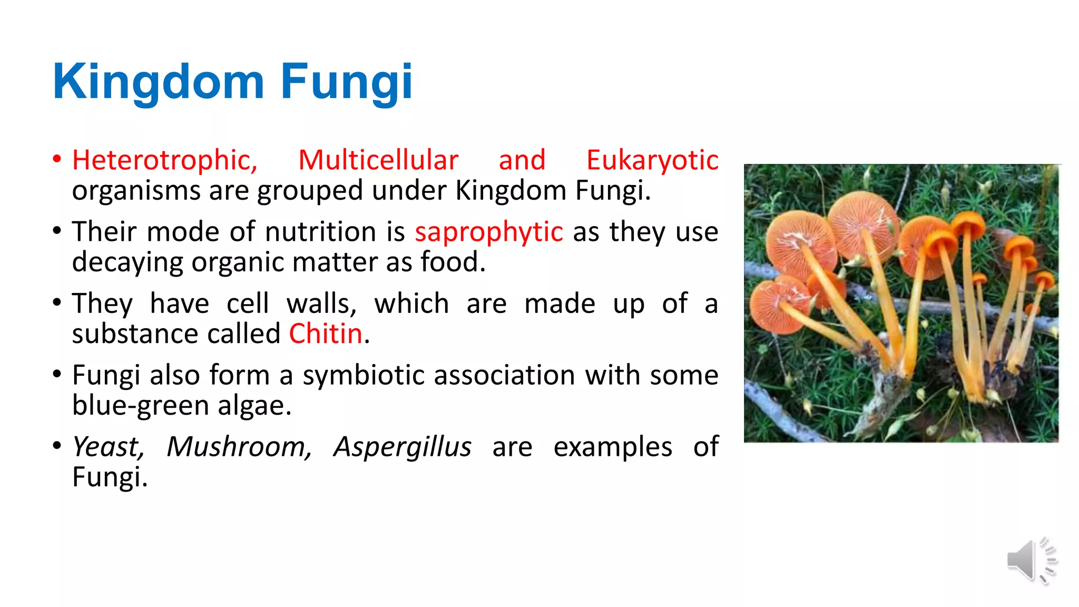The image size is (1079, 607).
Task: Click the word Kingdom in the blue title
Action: [x=158, y=82]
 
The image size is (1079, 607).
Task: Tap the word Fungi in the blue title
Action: [x=346, y=82]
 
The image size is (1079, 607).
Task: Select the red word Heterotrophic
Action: [x=165, y=160]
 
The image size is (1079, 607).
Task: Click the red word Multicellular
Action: [x=378, y=160]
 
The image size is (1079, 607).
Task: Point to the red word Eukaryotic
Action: [x=652, y=160]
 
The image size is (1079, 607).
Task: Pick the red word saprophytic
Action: [x=489, y=232]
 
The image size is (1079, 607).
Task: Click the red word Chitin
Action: [x=326, y=334]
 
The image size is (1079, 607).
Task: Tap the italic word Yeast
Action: [x=108, y=447]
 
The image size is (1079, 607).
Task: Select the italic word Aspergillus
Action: [x=403, y=447]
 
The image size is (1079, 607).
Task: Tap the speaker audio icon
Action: [x=1031, y=561]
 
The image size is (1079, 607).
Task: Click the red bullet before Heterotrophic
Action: [x=57, y=159]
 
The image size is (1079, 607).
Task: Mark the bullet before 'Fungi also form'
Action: [x=57, y=375]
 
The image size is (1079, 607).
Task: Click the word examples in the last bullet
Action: [x=613, y=447]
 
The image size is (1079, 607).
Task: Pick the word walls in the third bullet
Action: [x=321, y=304]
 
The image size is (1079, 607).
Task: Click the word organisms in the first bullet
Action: [x=136, y=191]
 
